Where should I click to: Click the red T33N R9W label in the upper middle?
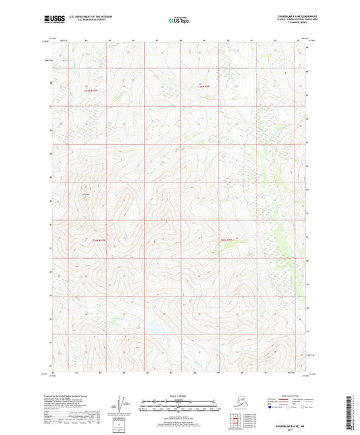203,86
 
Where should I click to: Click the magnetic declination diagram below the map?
120,405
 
